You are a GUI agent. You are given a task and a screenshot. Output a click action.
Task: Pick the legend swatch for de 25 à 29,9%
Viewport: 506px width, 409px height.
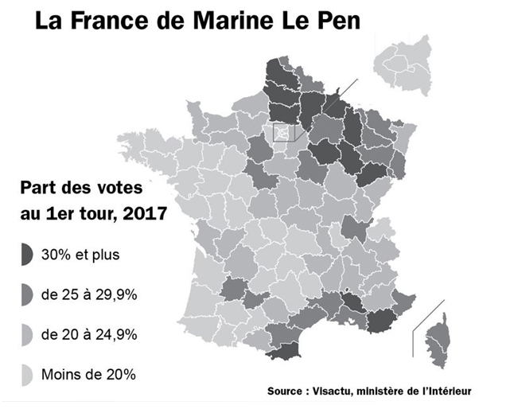(x=27, y=294)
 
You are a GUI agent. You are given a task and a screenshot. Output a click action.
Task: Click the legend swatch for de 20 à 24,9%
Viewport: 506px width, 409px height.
(x=27, y=334)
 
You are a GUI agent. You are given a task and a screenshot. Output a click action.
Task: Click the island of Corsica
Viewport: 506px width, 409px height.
(x=437, y=338)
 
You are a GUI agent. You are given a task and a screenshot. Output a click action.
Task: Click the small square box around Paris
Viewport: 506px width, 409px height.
(x=282, y=132)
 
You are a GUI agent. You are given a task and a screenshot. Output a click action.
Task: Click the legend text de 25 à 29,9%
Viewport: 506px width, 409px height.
(x=93, y=294)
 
